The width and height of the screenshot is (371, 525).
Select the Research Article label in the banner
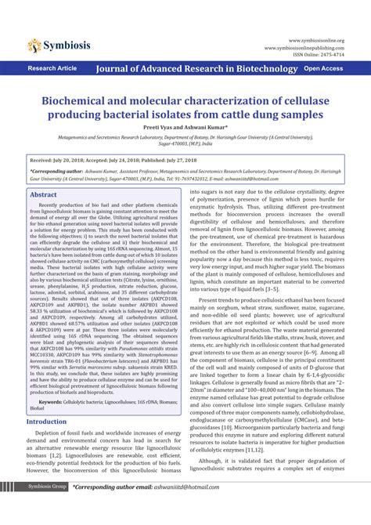(52, 69)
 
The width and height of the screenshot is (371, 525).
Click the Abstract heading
(43, 194)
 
